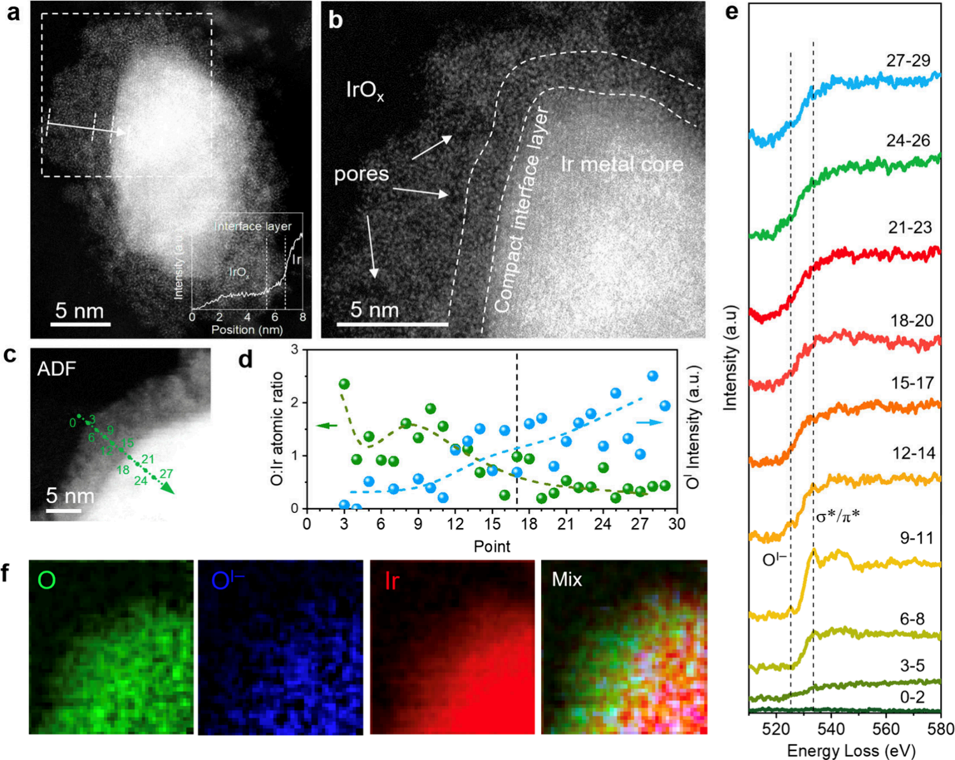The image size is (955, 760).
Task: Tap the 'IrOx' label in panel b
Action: coord(365,90)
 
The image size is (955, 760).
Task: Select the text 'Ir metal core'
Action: coord(622,164)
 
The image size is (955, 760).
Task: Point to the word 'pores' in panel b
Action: coord(361,174)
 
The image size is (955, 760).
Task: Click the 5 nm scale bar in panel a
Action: coord(80,324)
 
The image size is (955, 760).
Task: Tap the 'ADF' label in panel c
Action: coord(57,368)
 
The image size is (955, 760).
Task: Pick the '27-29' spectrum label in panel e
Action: coord(908,61)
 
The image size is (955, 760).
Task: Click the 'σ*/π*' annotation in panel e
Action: coord(838,515)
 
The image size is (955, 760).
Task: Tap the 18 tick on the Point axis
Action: coord(529,524)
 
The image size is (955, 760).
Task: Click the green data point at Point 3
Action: coord(344,384)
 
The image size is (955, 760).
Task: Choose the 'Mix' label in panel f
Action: coord(567,580)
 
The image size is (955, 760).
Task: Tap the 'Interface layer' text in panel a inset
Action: coord(253,226)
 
